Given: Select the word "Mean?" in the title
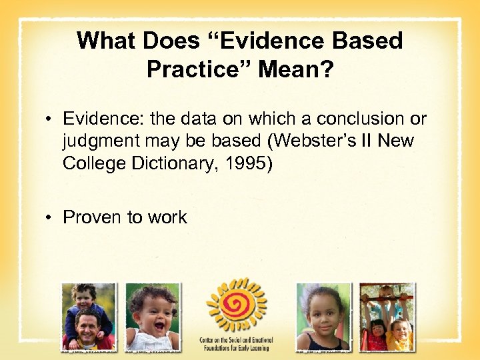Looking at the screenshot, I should tap(304, 69).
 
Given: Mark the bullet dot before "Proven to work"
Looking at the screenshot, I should tap(51, 217).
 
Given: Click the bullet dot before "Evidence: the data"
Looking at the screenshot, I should tap(51, 119).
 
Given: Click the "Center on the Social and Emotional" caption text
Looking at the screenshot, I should tap(236, 340).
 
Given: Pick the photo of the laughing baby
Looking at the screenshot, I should tap(153, 316).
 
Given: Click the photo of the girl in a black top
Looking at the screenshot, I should tap(323, 316).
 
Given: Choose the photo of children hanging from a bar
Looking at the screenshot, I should tap(386, 316).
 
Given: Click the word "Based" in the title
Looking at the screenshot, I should tap(366, 41).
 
